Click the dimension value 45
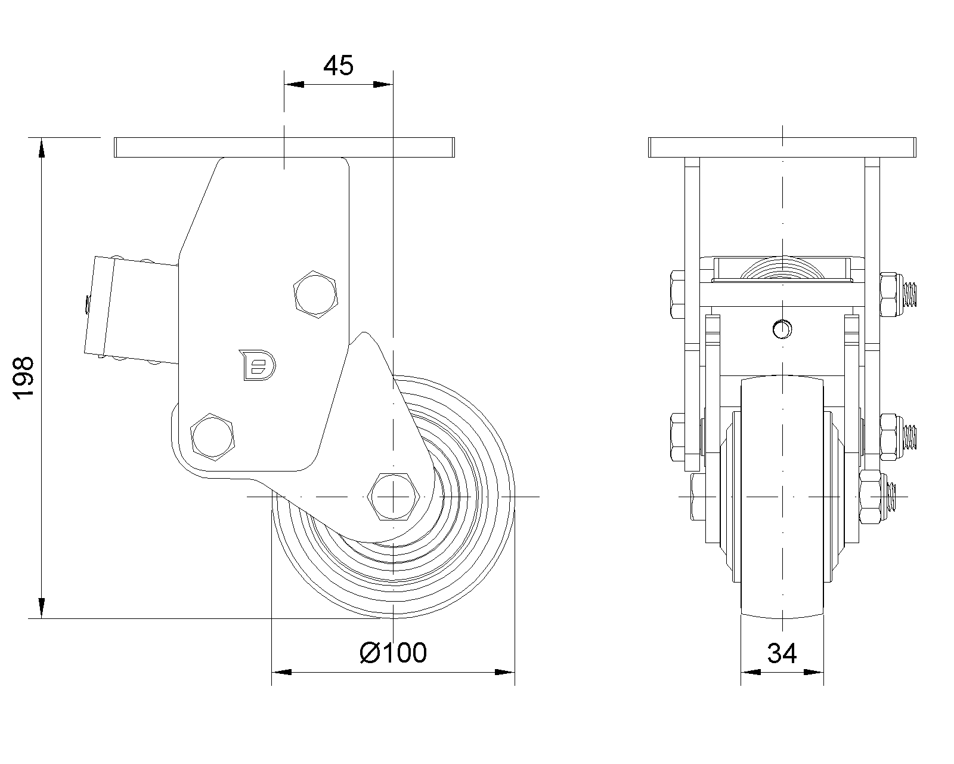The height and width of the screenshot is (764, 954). pyautogui.click(x=338, y=65)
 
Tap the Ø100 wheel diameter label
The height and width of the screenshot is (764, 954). pyautogui.click(x=394, y=653)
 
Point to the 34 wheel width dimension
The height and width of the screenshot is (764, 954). pyautogui.click(x=782, y=654)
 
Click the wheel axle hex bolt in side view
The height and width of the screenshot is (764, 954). pyautogui.click(x=394, y=497)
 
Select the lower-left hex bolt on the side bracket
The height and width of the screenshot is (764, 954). pyautogui.click(x=212, y=435)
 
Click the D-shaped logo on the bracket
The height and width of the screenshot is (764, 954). pyautogui.click(x=256, y=365)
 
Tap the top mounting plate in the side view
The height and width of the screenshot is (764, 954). pyautogui.click(x=285, y=147)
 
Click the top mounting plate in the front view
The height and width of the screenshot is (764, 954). pyautogui.click(x=782, y=147)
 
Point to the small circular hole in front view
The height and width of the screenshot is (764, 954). pyautogui.click(x=781, y=328)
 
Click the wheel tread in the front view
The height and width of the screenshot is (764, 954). pyautogui.click(x=782, y=495)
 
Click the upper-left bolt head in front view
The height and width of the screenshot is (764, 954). pyautogui.click(x=678, y=294)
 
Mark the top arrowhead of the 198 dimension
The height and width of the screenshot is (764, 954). pyautogui.click(x=41, y=147)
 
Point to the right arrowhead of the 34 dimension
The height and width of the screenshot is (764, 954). pyautogui.click(x=816, y=673)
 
